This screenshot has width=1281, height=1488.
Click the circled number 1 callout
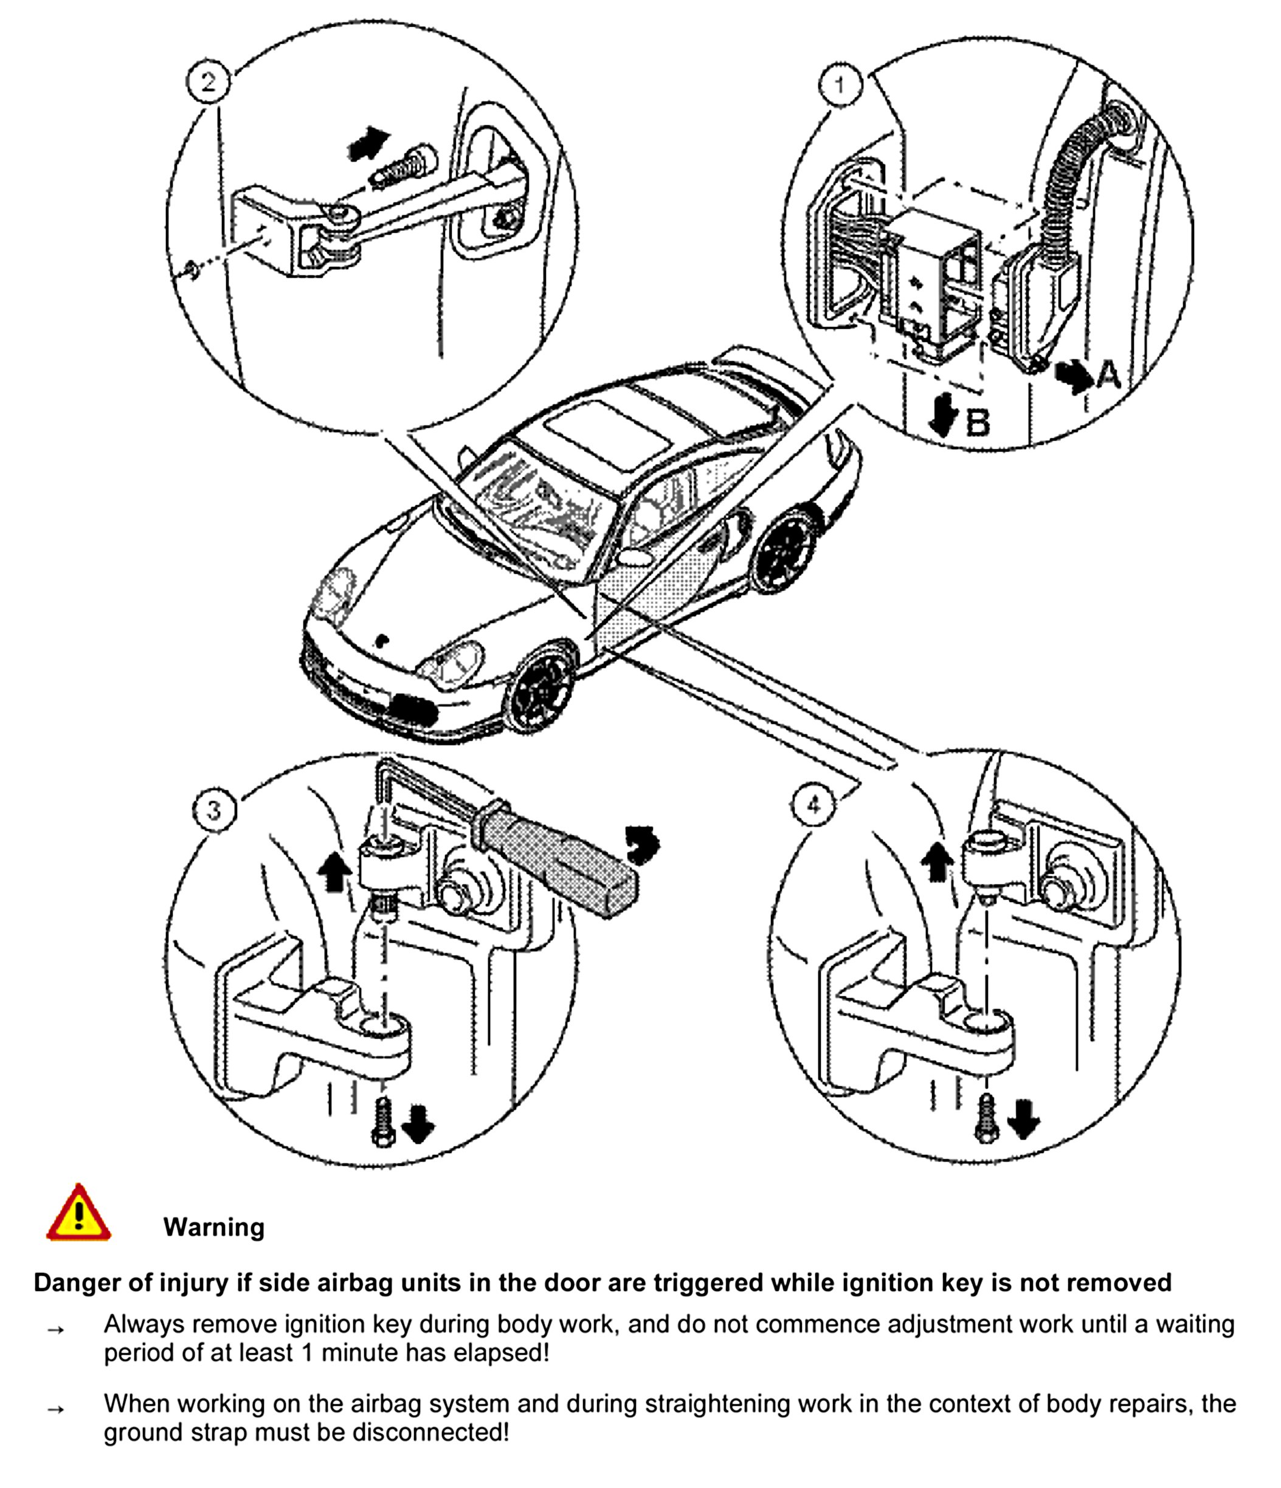[x=840, y=84]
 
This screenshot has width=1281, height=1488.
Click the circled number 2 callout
[x=209, y=82]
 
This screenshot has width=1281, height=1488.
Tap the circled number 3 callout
[x=214, y=810]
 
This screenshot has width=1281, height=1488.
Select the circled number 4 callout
[x=813, y=805]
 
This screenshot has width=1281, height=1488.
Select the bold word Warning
[x=213, y=1227]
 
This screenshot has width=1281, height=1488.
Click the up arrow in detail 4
[x=937, y=859]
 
